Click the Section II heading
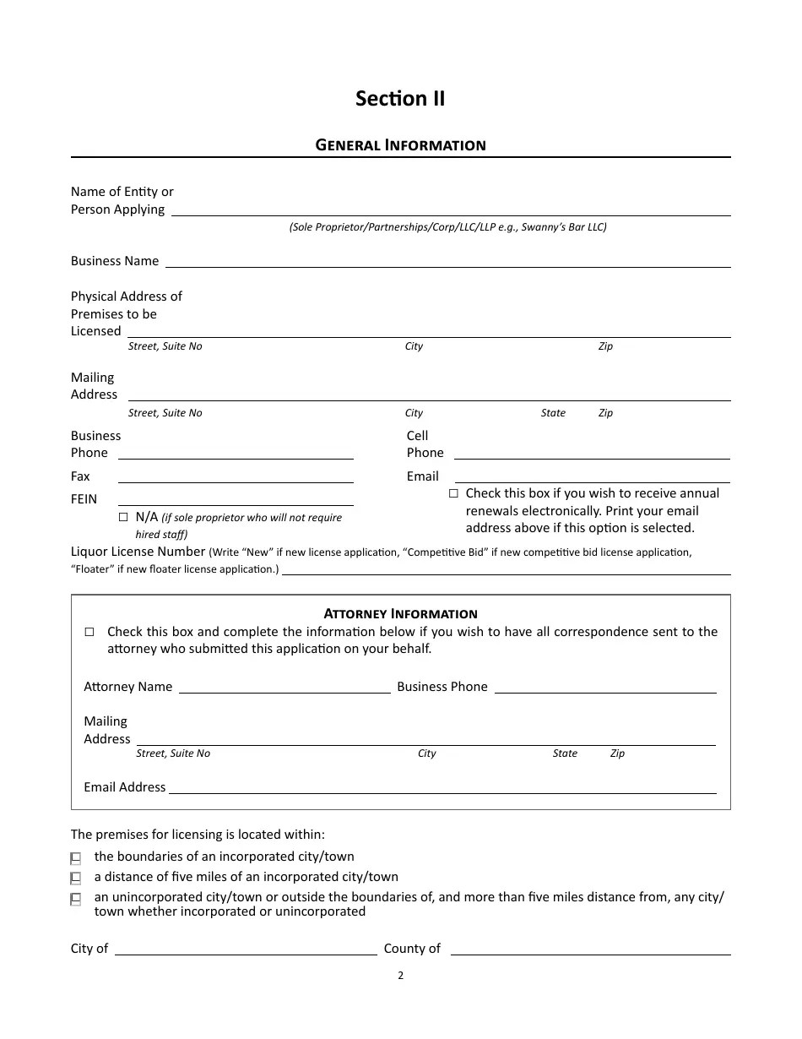(400, 99)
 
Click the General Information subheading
(400, 145)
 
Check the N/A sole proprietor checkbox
(123, 517)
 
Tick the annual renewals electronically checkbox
(453, 493)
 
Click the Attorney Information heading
(400, 614)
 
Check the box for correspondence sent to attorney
(89, 632)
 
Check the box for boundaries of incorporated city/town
(76, 857)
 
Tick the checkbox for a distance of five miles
(76, 878)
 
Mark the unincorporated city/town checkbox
(76, 899)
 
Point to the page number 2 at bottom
(400, 976)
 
